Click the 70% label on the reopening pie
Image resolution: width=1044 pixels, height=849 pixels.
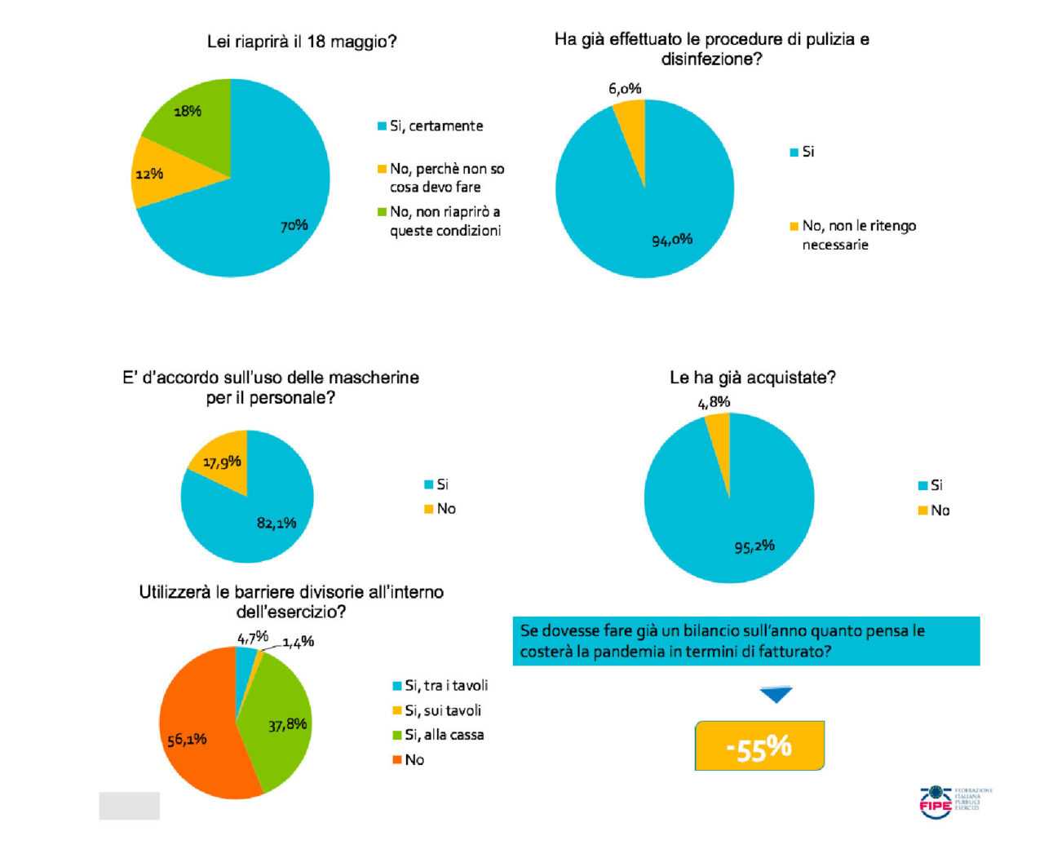click(x=294, y=225)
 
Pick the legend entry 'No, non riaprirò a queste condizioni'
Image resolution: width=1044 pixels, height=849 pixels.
click(x=445, y=221)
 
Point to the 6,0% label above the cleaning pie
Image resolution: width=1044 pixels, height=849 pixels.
click(x=625, y=88)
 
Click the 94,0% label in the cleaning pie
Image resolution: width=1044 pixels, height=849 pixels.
click(x=672, y=239)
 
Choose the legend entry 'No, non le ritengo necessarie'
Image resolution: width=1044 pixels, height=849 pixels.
click(x=859, y=235)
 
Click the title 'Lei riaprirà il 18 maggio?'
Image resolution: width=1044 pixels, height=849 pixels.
click(x=302, y=42)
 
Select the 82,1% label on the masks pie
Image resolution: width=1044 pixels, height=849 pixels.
click(x=276, y=523)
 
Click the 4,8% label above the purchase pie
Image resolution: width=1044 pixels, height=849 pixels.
click(x=714, y=402)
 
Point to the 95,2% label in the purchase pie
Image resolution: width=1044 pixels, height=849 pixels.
click(x=754, y=546)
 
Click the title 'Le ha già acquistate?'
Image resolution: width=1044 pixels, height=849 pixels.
click(x=752, y=378)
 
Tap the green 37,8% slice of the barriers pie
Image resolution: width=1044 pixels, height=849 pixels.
click(x=281, y=718)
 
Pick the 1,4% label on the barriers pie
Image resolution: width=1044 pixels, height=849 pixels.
click(x=299, y=642)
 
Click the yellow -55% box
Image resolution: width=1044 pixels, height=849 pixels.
click(x=759, y=745)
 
